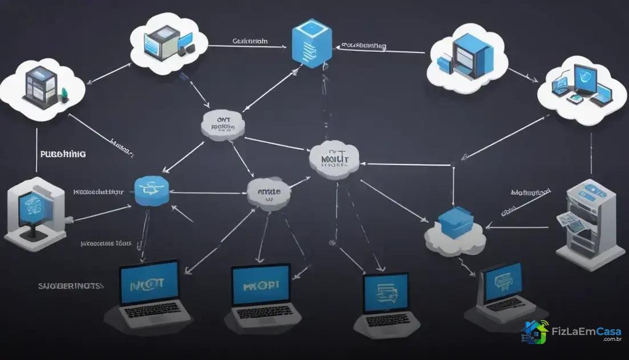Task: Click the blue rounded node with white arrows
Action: tap(152, 190)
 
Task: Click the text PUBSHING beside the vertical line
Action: tap(63, 154)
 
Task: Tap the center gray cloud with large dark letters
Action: tap(334, 158)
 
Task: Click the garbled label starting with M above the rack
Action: tap(530, 193)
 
